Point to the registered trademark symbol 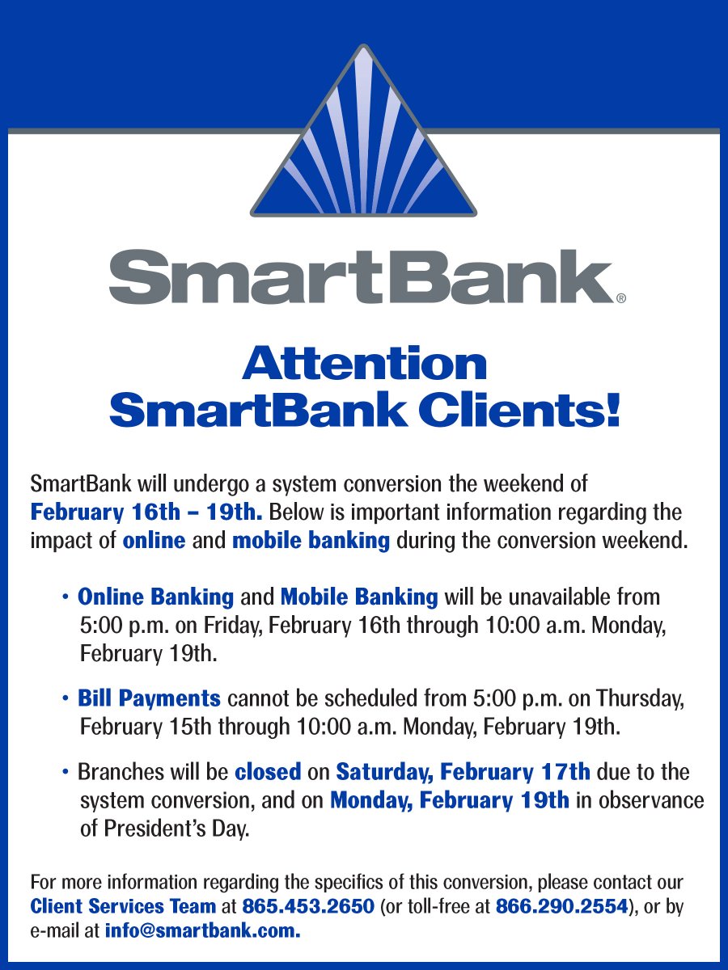[620, 298]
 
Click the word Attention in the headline [364, 364]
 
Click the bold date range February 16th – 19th [146, 512]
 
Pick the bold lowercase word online [154, 541]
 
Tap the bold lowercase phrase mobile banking [311, 541]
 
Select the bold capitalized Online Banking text [155, 597]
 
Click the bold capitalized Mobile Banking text [359, 597]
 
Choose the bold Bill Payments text [149, 698]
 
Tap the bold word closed [268, 772]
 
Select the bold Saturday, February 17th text [463, 772]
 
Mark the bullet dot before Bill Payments [65, 698]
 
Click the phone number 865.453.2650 [307, 906]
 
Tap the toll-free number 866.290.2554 [561, 906]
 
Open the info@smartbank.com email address [202, 930]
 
